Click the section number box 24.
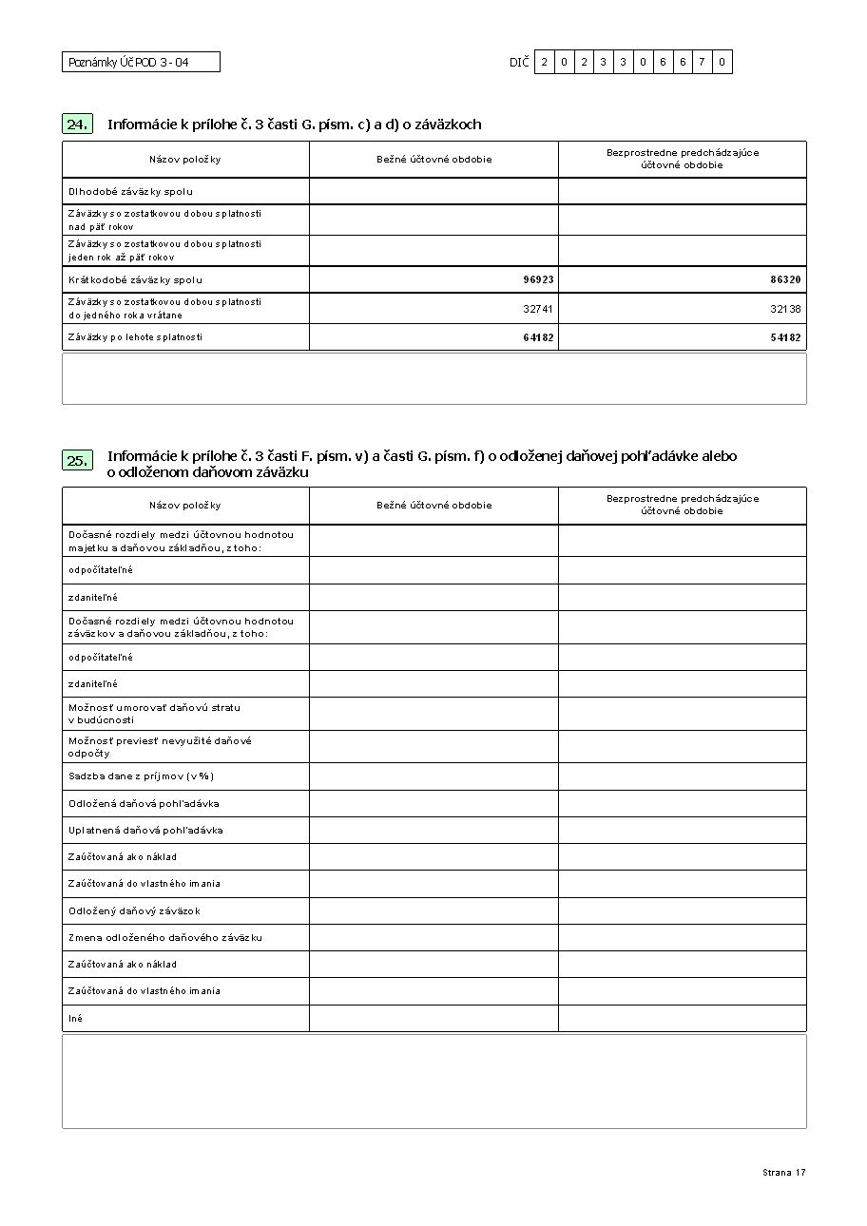(x=78, y=125)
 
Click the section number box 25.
(x=78, y=461)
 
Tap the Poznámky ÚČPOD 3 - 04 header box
(x=141, y=63)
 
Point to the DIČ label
(x=518, y=63)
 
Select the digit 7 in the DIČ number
(x=702, y=63)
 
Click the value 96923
(x=538, y=280)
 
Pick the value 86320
(x=785, y=280)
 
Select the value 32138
(x=785, y=309)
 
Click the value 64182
(x=538, y=337)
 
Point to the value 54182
(x=785, y=337)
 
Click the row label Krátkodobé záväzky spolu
(x=135, y=280)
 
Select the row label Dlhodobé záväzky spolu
(x=130, y=192)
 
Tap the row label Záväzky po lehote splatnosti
(x=135, y=337)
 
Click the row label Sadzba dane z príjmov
(x=134, y=777)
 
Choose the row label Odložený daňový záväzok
(x=134, y=911)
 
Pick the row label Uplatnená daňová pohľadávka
(x=145, y=831)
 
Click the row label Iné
(x=75, y=1019)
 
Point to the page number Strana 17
(x=783, y=1173)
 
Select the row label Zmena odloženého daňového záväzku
(x=165, y=938)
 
